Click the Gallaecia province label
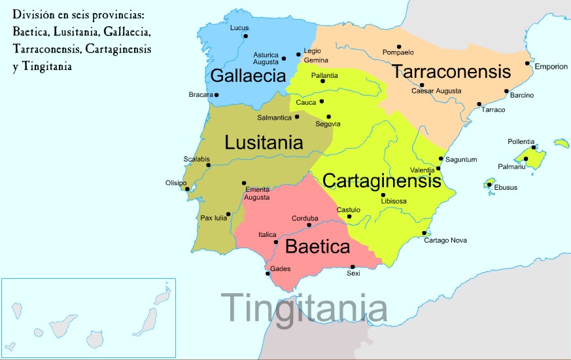click(x=248, y=76)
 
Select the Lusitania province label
click(x=264, y=143)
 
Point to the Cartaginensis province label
click(x=382, y=180)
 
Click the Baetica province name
click(x=318, y=248)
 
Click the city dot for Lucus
click(x=245, y=36)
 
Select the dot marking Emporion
click(x=527, y=63)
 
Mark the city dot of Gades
click(x=268, y=274)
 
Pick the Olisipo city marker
click(x=188, y=190)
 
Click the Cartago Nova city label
click(x=445, y=240)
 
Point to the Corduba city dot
click(x=309, y=225)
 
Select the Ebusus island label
click(x=506, y=188)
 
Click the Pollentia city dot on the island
click(x=534, y=148)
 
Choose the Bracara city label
click(x=201, y=95)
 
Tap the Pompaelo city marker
click(x=399, y=46)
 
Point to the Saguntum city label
click(x=461, y=159)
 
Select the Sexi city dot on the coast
click(x=353, y=266)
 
